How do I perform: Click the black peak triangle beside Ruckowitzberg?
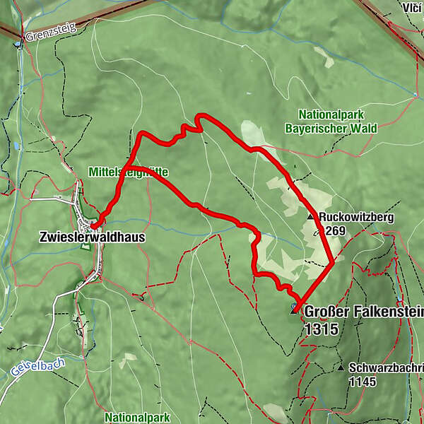click(x=310, y=217)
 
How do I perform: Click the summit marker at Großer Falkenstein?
click(x=294, y=309)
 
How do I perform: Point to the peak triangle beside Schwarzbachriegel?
click(x=341, y=368)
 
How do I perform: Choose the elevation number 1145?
click(x=363, y=382)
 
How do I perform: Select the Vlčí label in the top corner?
click(x=409, y=8)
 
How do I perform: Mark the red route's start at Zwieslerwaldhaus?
click(x=93, y=225)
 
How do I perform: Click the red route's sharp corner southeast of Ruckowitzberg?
click(x=333, y=262)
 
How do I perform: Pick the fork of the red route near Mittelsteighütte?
click(x=132, y=167)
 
